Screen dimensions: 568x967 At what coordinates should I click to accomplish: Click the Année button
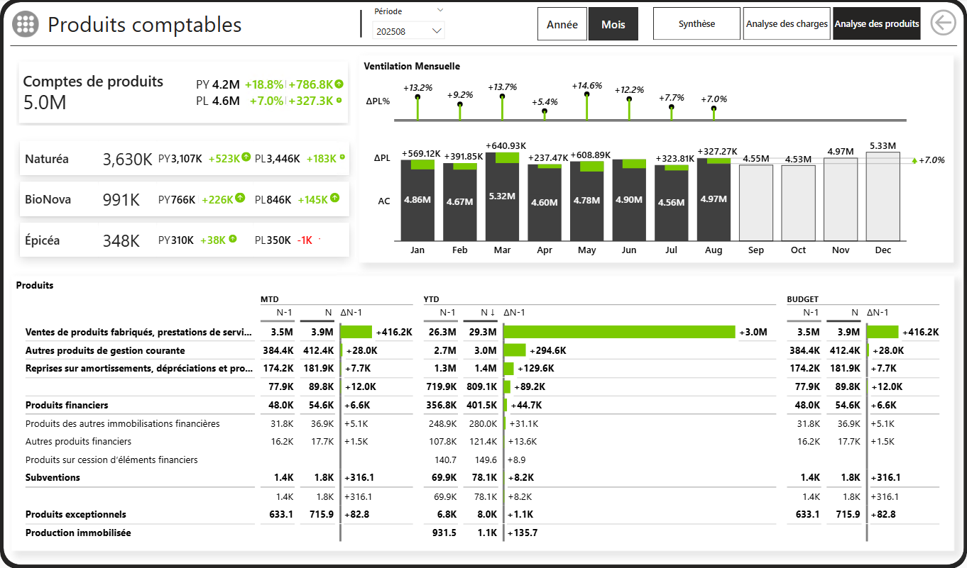point(562,24)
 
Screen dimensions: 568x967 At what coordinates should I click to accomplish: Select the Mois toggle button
point(613,24)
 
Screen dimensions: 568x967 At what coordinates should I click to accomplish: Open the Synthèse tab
point(696,24)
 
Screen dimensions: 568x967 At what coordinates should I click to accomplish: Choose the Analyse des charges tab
point(787,24)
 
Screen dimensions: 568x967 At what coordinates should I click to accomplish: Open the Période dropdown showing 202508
point(408,31)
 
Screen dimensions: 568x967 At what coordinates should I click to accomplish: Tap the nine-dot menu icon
point(26,24)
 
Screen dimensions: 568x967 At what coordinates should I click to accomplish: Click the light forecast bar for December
point(883,196)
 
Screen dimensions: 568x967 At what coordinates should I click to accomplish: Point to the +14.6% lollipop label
point(586,86)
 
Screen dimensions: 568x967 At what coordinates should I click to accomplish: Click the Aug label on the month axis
point(714,250)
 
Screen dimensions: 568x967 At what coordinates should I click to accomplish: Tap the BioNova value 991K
point(121,200)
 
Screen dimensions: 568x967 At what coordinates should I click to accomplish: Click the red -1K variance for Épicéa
point(305,240)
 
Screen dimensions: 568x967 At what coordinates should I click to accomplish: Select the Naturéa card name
point(47,159)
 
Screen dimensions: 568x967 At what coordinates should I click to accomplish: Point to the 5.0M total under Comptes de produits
point(45,103)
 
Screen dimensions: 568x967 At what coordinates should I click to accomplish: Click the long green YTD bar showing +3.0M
point(619,332)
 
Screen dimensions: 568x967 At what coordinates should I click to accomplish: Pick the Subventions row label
point(53,478)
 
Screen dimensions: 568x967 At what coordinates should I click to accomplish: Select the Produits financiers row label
point(67,406)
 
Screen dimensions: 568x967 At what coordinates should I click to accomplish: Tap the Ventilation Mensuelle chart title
point(412,67)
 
